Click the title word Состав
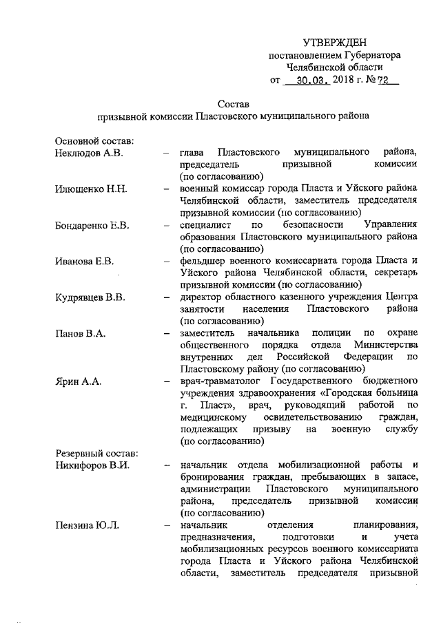[x=232, y=103]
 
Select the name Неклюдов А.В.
[x=88, y=152]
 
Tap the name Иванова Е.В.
[x=84, y=261]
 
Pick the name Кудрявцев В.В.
[x=90, y=297]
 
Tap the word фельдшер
[x=202, y=261]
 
